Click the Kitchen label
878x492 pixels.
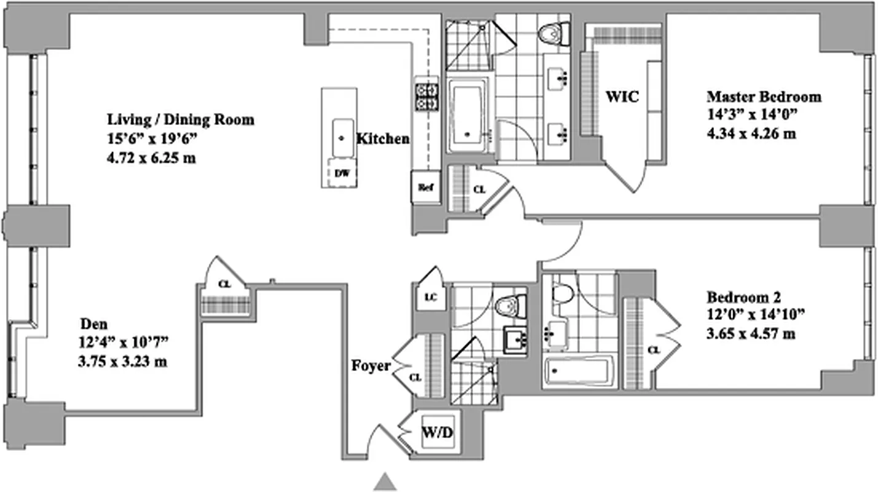coord(383,139)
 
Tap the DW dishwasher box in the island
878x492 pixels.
coord(342,173)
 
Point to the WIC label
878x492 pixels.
coord(622,97)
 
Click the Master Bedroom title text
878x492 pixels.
coord(764,97)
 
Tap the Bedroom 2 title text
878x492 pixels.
coord(743,298)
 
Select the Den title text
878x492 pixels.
coord(92,323)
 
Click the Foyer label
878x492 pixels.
coord(370,366)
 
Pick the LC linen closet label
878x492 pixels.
coord(431,298)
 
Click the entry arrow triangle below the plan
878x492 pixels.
coord(385,482)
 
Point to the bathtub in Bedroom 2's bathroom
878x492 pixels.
coord(576,371)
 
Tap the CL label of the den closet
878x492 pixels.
coord(225,284)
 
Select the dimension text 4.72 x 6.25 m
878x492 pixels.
coord(151,158)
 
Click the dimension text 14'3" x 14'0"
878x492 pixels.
coord(751,115)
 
